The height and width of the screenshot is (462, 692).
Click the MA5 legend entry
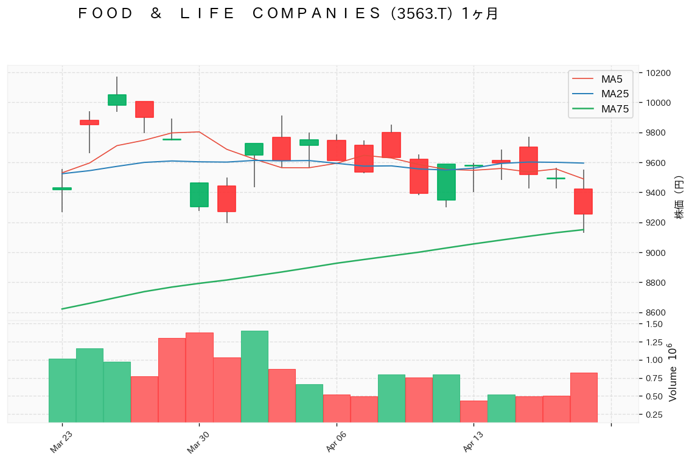coord(611,79)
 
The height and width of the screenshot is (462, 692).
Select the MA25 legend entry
coord(614,94)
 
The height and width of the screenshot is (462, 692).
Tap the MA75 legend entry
coord(614,109)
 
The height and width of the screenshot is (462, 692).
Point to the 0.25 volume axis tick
coord(654,415)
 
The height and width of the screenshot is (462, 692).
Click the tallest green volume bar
coord(254,376)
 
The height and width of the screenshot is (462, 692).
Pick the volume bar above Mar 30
coord(200,377)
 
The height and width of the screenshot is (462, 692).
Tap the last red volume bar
coord(584,397)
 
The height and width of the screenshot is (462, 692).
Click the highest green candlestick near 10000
coord(117,100)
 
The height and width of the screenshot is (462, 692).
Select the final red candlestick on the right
coord(583,201)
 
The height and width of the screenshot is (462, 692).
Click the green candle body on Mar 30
coord(199,195)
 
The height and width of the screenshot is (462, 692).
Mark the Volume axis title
coord(673,372)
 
